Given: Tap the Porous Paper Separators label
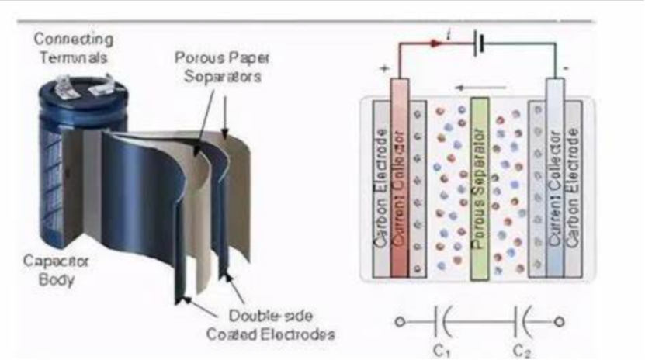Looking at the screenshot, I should pos(217,67).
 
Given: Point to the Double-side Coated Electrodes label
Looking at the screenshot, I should pos(271,325).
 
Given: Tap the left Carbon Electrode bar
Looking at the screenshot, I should pos(380,186).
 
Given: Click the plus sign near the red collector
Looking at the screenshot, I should pos(385,69).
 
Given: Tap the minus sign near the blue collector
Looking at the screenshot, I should pos(567,69).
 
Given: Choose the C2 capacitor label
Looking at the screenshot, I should pos(522,350).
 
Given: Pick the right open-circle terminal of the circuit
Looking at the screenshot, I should pos(559,321).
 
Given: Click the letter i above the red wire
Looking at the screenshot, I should pos(449,33).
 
